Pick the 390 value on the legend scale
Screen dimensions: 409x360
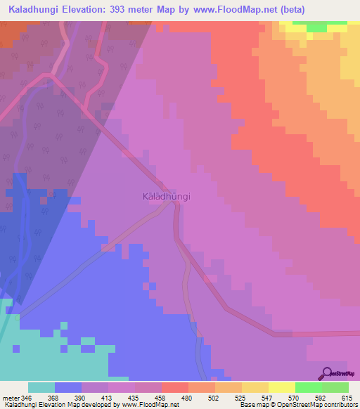tap(86, 398)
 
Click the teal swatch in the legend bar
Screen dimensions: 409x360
tap(41, 387)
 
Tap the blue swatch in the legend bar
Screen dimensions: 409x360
tap(68, 387)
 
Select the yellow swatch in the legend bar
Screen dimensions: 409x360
tap(281, 387)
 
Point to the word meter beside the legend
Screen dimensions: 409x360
tap(11, 398)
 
